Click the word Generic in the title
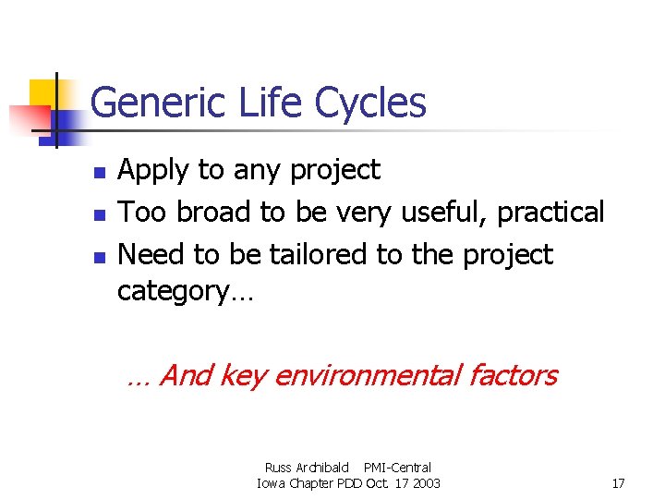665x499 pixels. [151, 103]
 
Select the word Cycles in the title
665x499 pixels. [370, 103]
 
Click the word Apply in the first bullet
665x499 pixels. [153, 171]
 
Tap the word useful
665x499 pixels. [443, 213]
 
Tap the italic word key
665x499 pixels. [244, 376]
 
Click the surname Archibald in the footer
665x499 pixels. [322, 468]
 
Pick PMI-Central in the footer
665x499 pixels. [397, 468]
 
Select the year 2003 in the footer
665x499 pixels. [425, 483]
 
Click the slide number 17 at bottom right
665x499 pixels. [618, 483]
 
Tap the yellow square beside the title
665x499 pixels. [43, 93]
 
